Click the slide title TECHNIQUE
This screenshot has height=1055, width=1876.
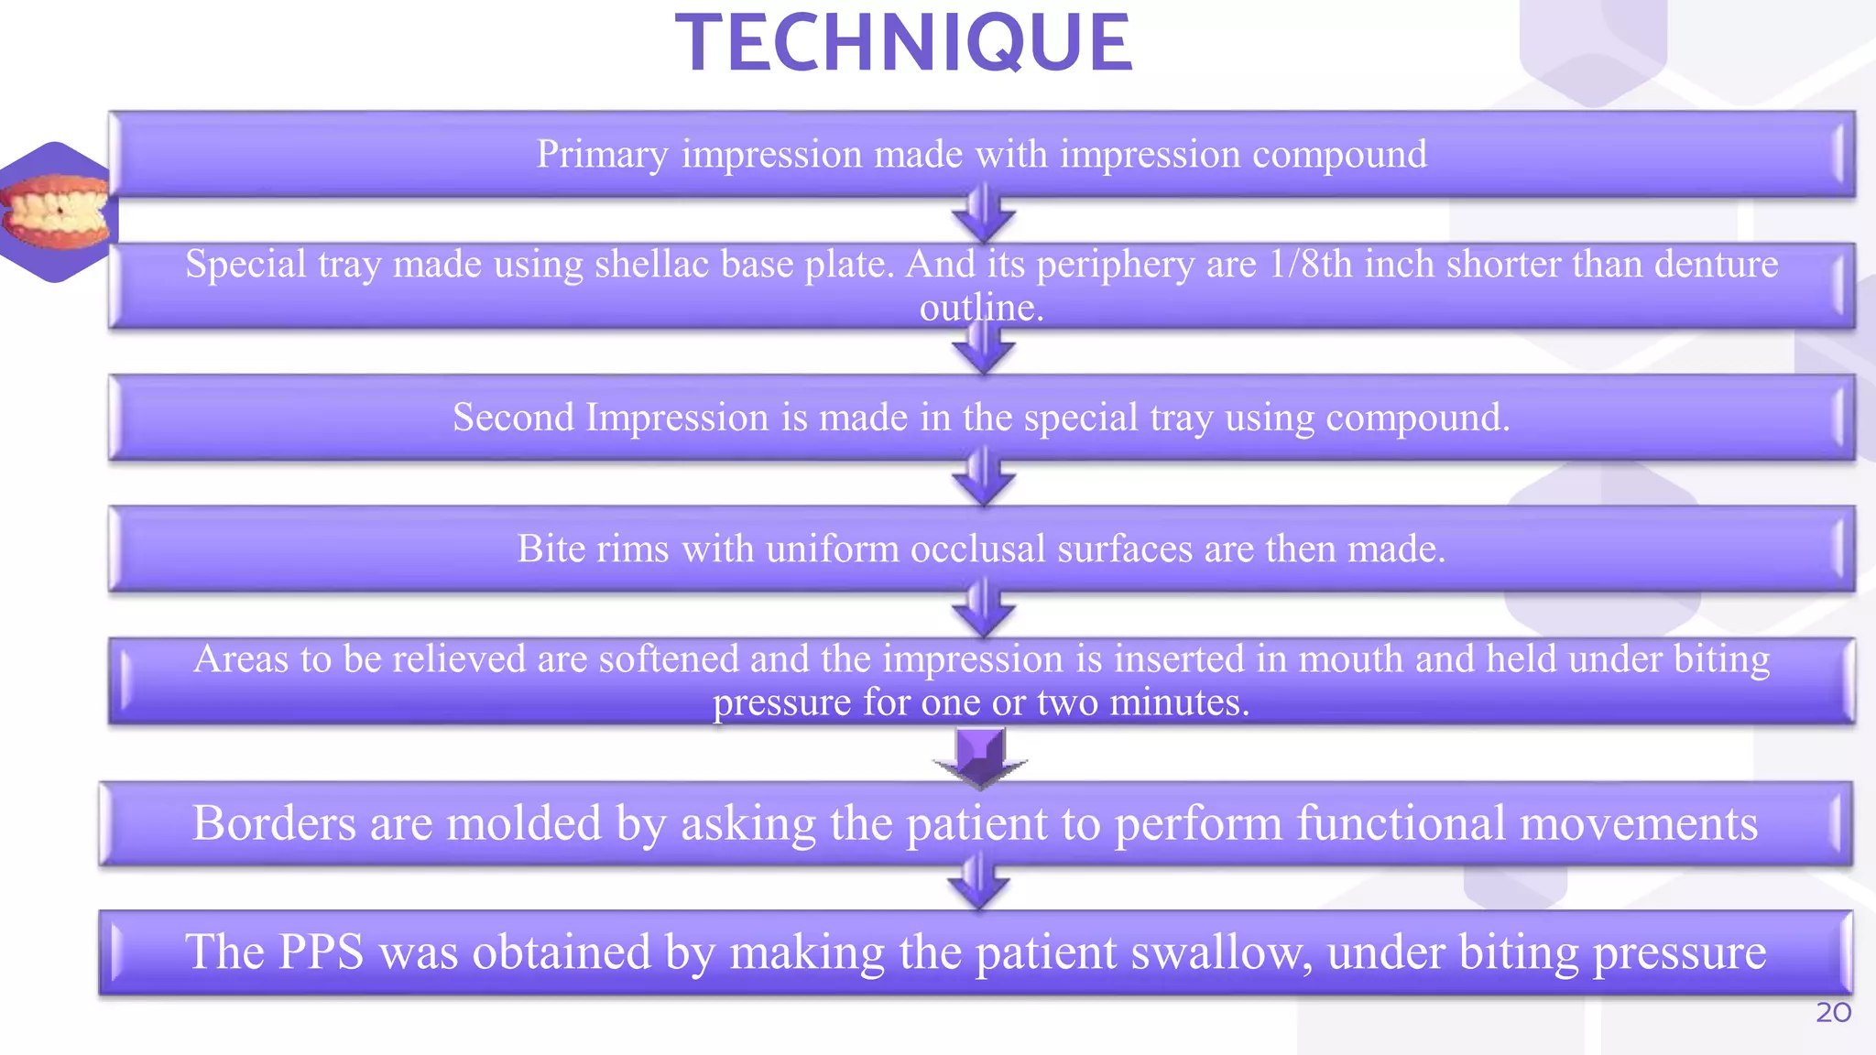tap(904, 43)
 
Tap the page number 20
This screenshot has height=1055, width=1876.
tap(1833, 1013)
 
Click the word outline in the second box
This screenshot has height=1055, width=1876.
tap(980, 308)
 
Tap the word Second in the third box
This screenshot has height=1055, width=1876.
tap(513, 418)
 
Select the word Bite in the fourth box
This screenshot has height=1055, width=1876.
tap(547, 549)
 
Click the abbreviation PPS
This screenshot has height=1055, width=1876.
tap(321, 952)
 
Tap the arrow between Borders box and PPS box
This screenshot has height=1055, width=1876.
tap(978, 884)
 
